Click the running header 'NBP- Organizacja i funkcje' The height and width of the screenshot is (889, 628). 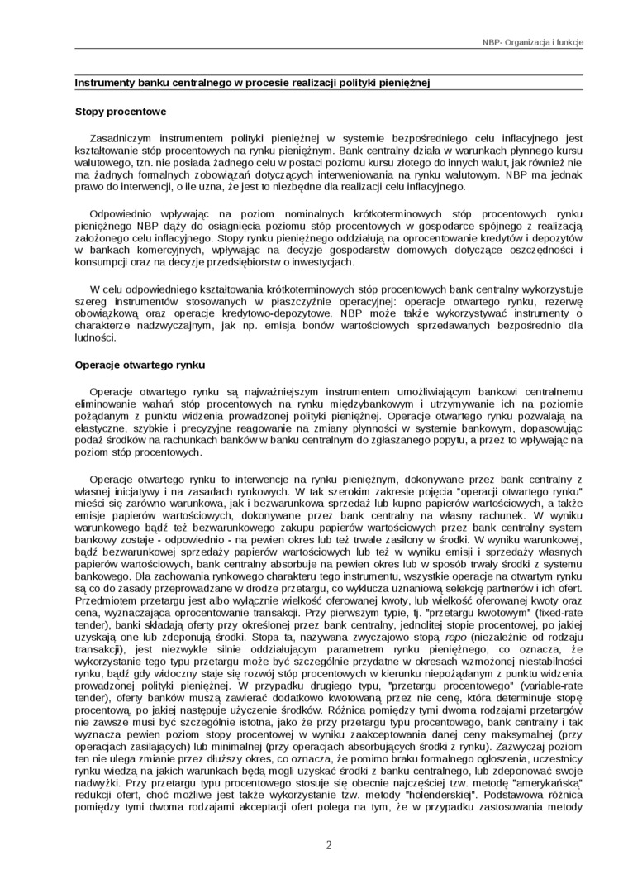click(x=533, y=42)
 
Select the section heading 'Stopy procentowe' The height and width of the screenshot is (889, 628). click(x=121, y=111)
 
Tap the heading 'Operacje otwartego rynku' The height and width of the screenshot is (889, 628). click(x=140, y=365)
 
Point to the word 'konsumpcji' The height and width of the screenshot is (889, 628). click(x=101, y=262)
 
